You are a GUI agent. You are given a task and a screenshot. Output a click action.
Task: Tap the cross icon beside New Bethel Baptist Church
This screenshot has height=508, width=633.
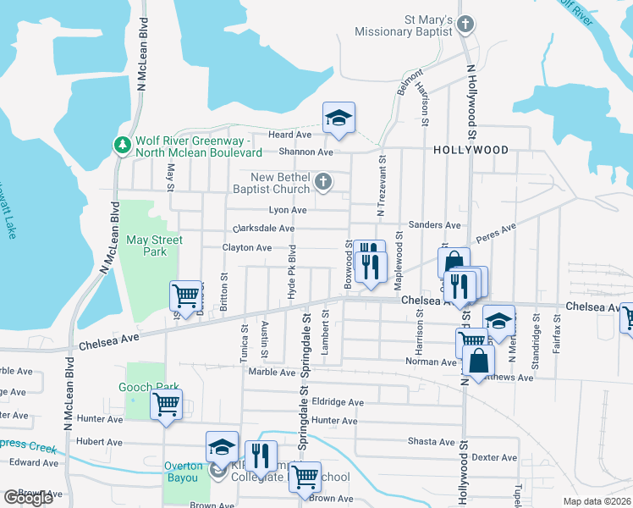(322, 182)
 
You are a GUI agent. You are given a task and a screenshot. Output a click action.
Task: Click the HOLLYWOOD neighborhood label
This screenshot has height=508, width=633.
(471, 150)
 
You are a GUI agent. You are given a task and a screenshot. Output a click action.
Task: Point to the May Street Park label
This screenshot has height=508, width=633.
(154, 246)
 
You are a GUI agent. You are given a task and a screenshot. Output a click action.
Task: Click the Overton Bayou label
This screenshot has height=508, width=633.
(184, 467)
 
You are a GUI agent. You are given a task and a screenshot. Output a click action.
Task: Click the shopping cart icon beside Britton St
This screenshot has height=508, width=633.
(185, 296)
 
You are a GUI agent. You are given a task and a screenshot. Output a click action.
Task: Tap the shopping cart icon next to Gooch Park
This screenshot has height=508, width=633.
(166, 403)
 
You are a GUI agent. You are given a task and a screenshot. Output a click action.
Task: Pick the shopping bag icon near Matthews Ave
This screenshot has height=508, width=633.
(478, 360)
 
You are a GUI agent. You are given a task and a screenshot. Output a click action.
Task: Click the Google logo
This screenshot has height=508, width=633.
(28, 498)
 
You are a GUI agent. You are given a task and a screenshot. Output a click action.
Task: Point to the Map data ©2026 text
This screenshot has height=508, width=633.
(597, 501)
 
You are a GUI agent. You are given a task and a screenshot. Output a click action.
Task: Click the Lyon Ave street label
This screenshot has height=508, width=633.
(288, 210)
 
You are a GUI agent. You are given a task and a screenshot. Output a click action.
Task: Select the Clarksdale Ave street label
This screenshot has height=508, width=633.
(263, 229)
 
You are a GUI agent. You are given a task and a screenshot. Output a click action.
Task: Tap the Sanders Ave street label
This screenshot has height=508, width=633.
(434, 225)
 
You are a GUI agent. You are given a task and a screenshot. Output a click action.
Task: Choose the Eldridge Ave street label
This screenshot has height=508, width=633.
(337, 403)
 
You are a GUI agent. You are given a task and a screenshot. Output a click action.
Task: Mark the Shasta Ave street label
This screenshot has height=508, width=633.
(431, 442)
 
